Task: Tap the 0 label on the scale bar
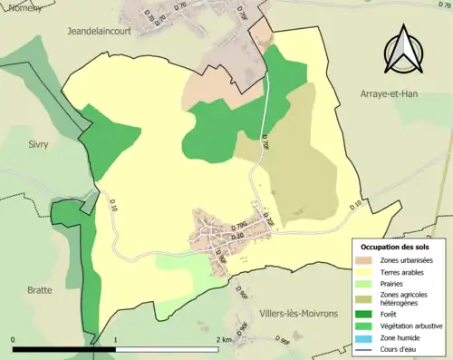click(x=14, y=340)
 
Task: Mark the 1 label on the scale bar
click(x=116, y=340)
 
